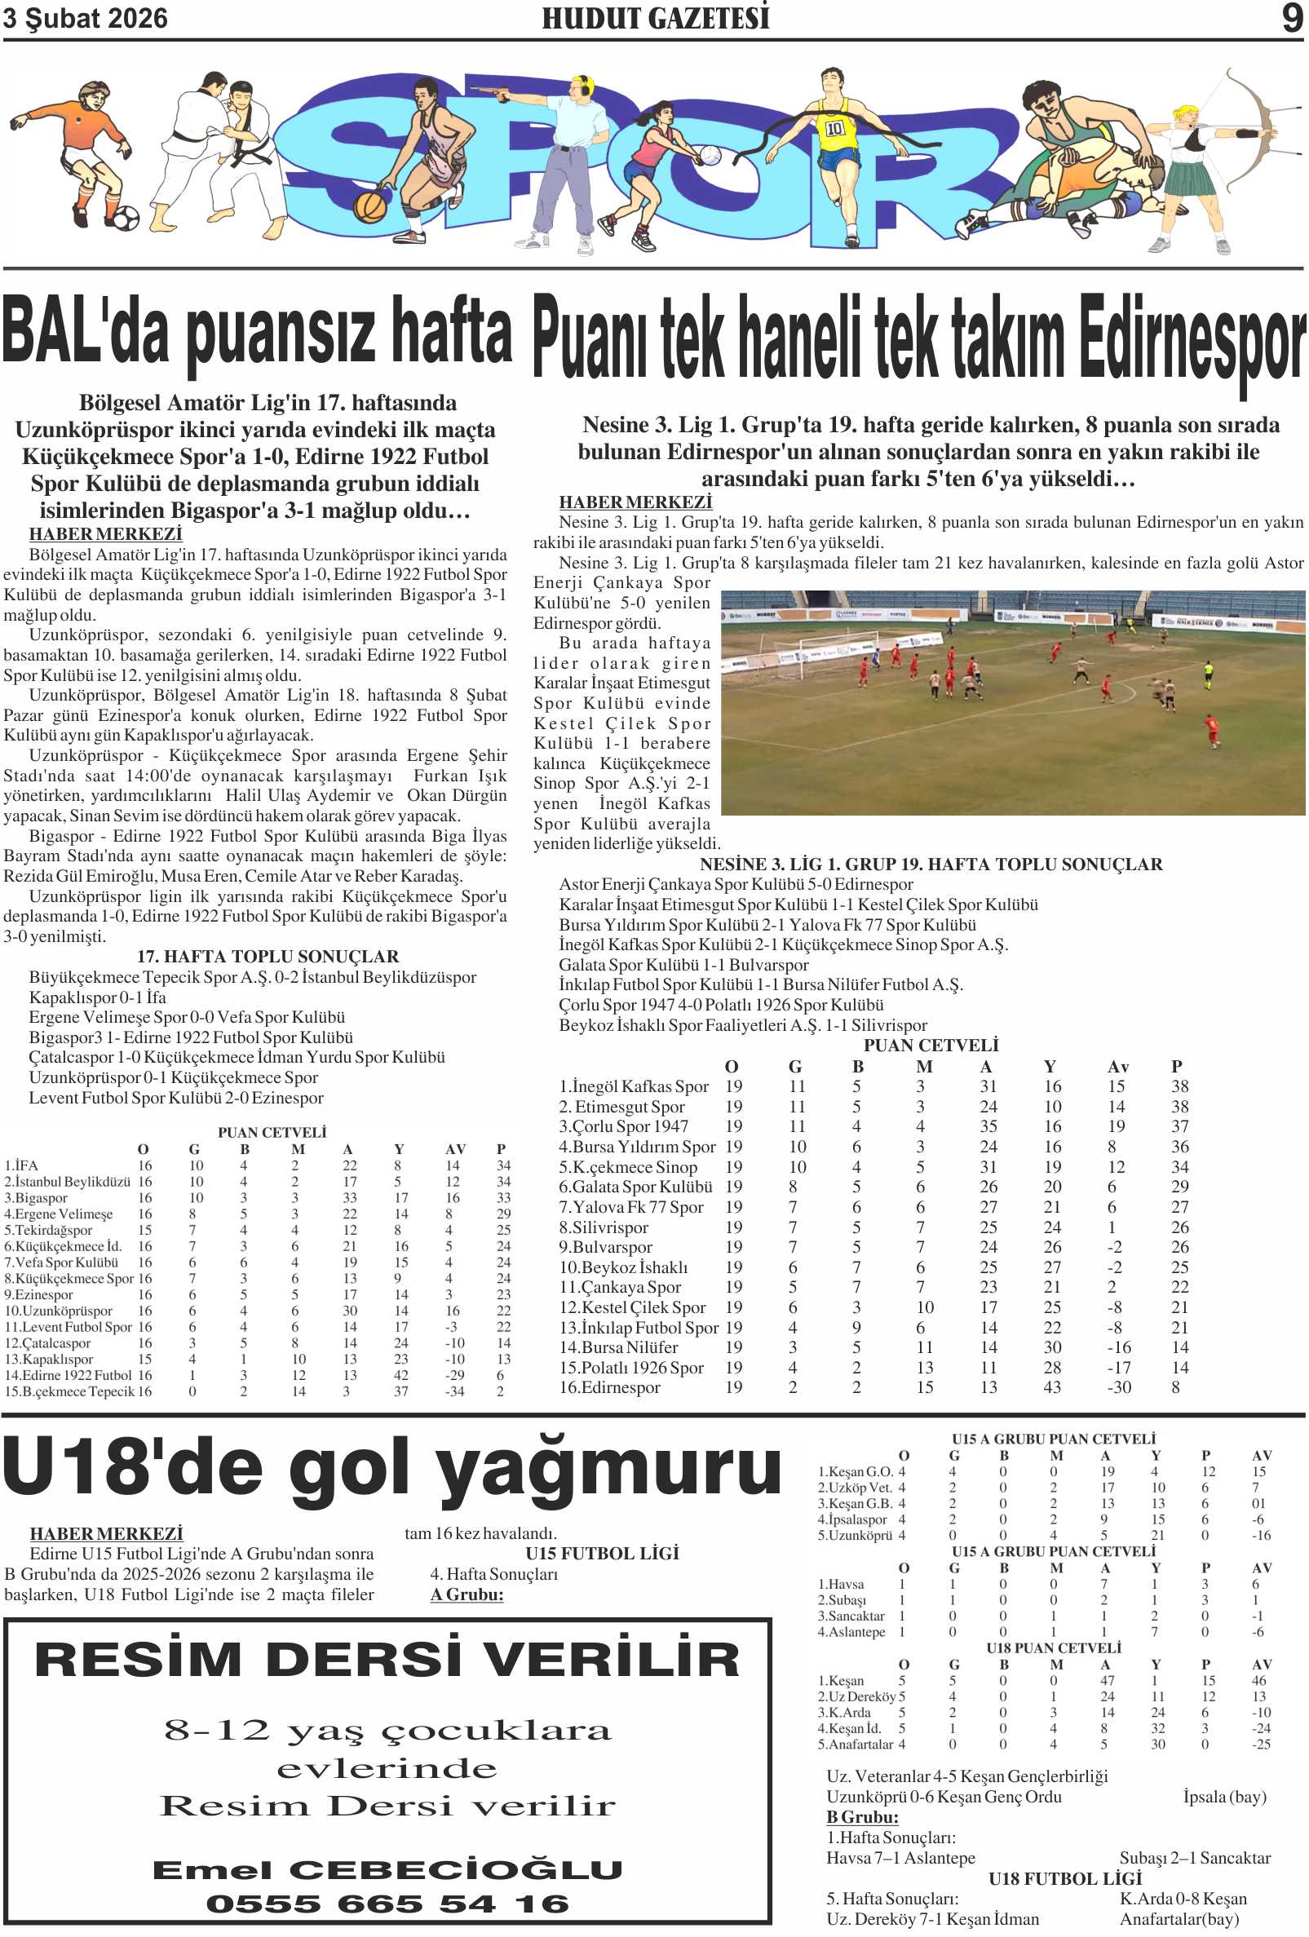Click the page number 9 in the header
(1291, 17)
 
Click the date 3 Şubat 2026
(85, 18)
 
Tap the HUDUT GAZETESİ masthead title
(655, 17)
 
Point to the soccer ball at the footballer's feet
(125, 219)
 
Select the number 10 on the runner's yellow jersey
(834, 128)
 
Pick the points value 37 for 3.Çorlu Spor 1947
(1179, 1127)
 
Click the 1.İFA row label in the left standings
(21, 1165)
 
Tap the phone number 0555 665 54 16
(387, 1904)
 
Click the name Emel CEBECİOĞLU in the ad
(387, 1869)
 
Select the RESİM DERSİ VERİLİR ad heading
(387, 1660)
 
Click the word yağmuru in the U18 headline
(608, 1471)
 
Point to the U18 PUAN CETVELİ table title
(1053, 1647)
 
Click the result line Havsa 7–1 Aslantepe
(900, 1858)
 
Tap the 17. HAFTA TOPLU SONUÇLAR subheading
(268, 956)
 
